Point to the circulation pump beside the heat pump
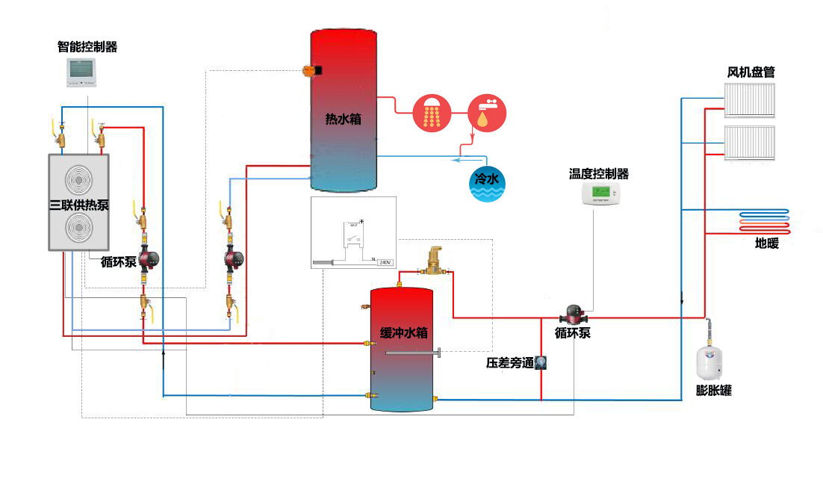tap(147, 259)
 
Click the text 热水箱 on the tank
tap(343, 118)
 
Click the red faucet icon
tap(487, 113)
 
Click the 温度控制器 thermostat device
tap(601, 194)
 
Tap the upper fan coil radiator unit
tap(751, 99)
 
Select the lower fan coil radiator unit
tap(751, 142)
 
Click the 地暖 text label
tap(766, 243)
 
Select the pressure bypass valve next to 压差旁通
tap(541, 363)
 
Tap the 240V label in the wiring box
tap(385, 262)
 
